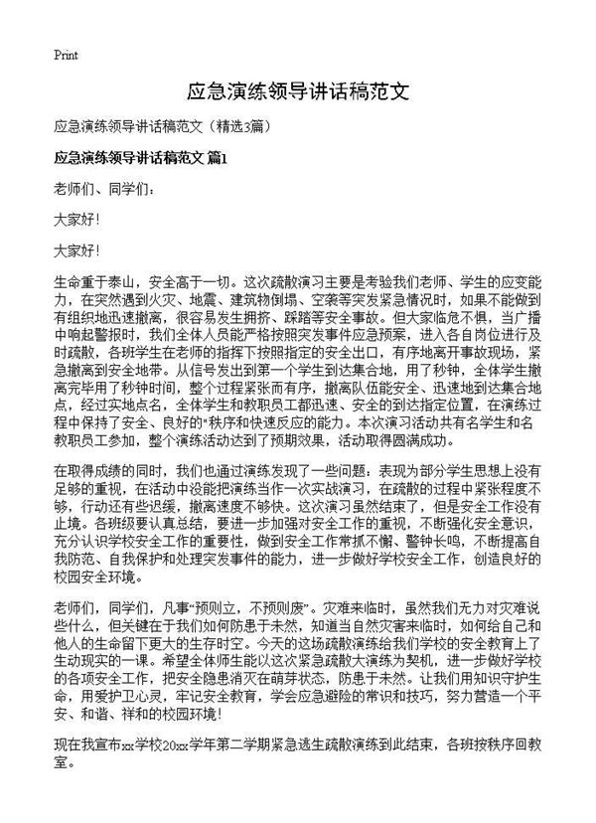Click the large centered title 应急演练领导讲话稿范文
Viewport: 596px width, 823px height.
(x=298, y=92)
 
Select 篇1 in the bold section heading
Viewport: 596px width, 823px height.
(x=218, y=157)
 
